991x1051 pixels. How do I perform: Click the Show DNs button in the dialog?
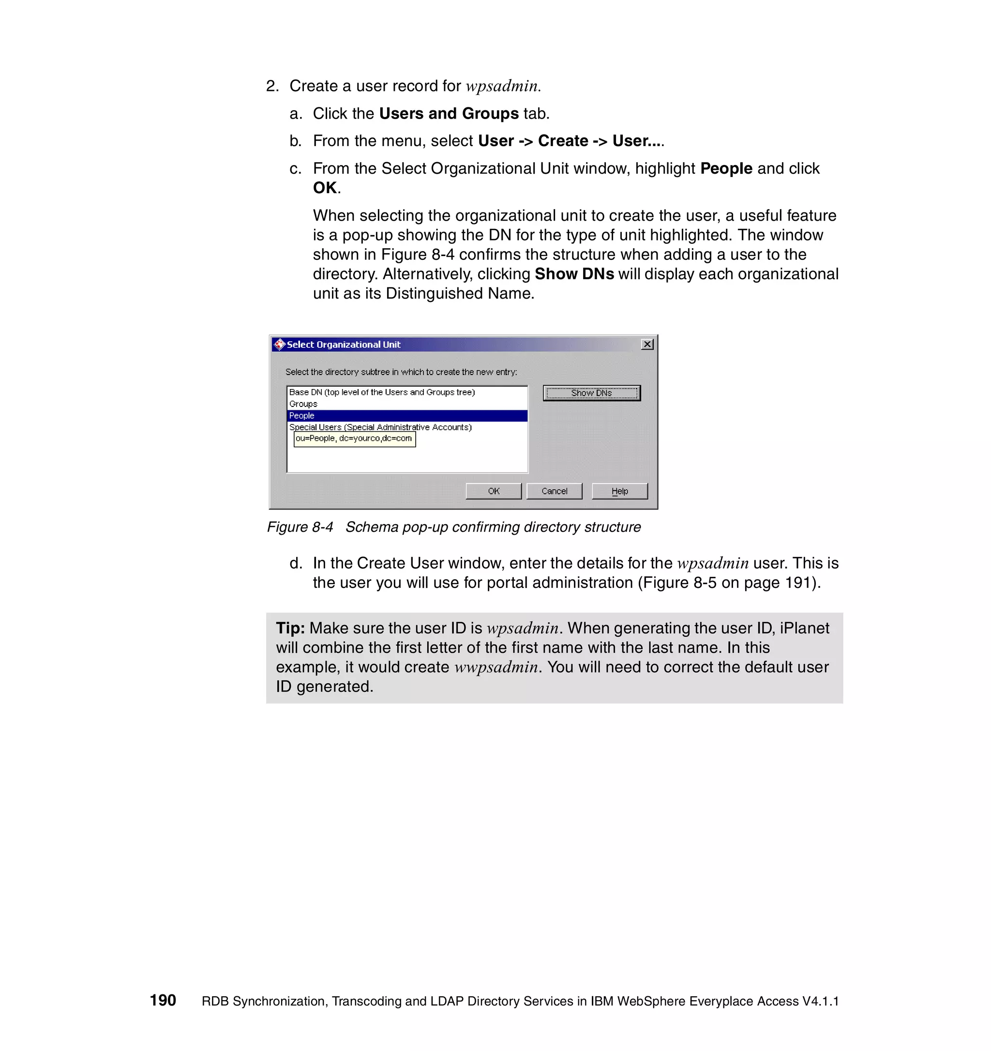point(591,393)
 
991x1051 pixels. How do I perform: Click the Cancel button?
point(554,491)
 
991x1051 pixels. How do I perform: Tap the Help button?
point(619,491)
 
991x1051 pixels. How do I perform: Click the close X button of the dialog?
point(647,344)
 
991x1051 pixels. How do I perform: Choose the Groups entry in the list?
point(303,404)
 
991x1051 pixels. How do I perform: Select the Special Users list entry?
point(380,427)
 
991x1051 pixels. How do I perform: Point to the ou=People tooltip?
point(354,439)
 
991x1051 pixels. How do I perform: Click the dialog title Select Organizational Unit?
point(344,345)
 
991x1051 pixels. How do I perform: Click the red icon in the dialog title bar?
point(279,345)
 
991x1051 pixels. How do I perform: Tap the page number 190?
point(163,1000)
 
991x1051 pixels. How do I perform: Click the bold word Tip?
point(290,628)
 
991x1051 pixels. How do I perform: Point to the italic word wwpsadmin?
point(496,667)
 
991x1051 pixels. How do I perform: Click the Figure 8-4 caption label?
point(300,527)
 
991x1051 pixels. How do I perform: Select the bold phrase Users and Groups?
point(449,114)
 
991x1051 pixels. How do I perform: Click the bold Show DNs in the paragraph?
point(574,274)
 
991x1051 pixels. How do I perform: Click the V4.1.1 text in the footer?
point(820,1001)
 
